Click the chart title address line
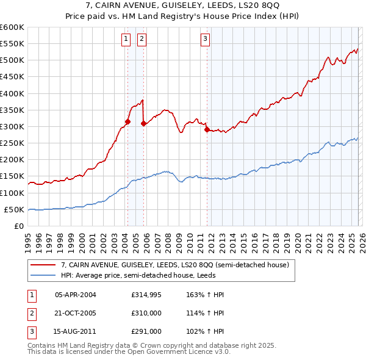point(183,5)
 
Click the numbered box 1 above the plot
point(126,40)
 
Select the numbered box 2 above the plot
point(142,40)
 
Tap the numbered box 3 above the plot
point(206,40)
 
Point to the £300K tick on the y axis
point(12,126)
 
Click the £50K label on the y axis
point(14,209)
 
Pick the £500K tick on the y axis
point(12,60)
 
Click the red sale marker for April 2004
point(127,121)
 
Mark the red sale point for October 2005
point(144,123)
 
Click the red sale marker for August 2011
point(207,129)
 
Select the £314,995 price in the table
point(145,295)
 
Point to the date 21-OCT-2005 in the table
point(76,313)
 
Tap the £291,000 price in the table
point(145,331)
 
